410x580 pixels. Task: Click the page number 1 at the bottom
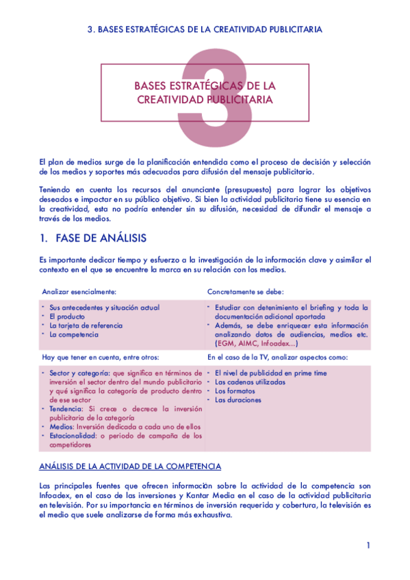pyautogui.click(x=368, y=545)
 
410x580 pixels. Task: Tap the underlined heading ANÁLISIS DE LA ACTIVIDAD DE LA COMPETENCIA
pyautogui.click(x=130, y=466)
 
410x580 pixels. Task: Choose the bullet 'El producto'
pyautogui.click(x=67, y=317)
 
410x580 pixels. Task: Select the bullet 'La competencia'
pyautogui.click(x=74, y=334)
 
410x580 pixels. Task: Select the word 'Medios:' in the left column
pyautogui.click(x=62, y=426)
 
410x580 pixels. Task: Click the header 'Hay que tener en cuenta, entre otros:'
pyautogui.click(x=106, y=357)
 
